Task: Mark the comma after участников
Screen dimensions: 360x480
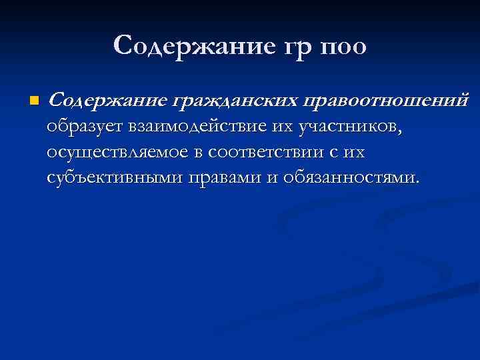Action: (401, 131)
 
